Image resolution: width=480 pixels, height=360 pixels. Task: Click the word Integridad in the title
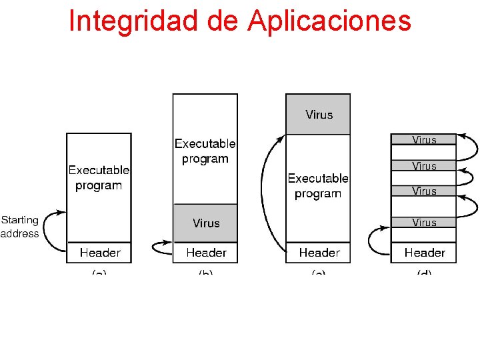tap(133, 21)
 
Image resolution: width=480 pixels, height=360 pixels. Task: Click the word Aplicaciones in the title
tap(329, 21)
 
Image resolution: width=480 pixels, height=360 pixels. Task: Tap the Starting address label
tap(20, 227)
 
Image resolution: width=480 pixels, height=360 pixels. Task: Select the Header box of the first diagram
tap(99, 252)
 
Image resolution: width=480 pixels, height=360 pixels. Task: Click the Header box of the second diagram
tap(205, 252)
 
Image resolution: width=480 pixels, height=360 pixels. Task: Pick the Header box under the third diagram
tap(319, 252)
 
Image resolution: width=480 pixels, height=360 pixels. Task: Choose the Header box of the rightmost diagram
tap(424, 252)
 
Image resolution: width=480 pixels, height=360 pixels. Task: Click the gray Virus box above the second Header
tap(205, 223)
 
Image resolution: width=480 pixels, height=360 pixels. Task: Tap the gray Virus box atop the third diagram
tap(319, 115)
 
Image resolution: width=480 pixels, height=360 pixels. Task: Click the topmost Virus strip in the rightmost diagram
tap(424, 140)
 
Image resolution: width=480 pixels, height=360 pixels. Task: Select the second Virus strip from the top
tap(424, 166)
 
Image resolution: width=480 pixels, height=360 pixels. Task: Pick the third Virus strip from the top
tap(424, 191)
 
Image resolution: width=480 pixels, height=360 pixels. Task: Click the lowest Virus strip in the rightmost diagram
tap(424, 223)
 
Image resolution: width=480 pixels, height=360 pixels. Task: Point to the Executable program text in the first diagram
tap(99, 178)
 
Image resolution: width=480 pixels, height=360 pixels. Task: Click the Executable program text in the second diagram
tap(205, 151)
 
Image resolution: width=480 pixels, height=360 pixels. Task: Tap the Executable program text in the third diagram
tap(318, 186)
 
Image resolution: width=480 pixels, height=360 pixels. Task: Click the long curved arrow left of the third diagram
tap(265, 193)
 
